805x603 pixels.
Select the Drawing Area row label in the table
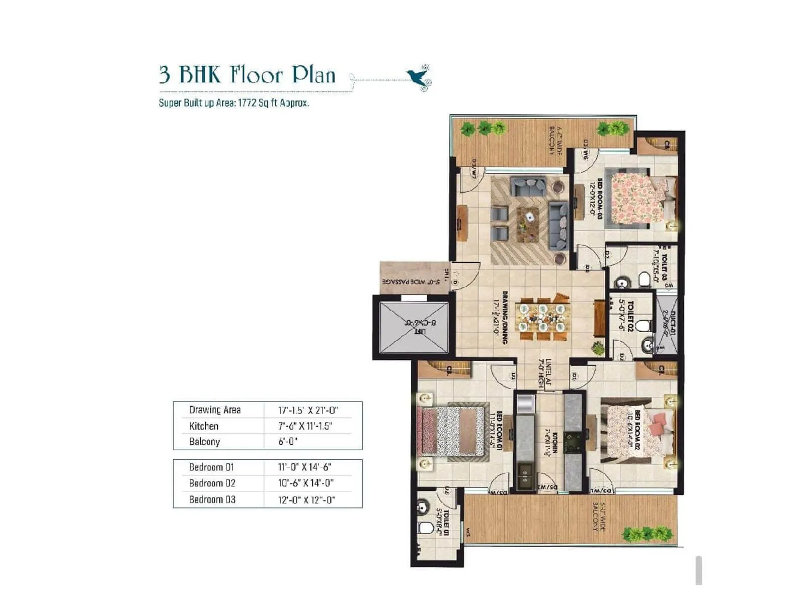pyautogui.click(x=215, y=410)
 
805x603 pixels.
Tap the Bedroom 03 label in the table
pyautogui.click(x=212, y=499)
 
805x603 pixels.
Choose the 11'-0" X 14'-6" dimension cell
pyautogui.click(x=304, y=467)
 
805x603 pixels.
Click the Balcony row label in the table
pyautogui.click(x=204, y=442)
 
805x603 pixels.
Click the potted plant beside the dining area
pyautogui.click(x=598, y=347)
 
